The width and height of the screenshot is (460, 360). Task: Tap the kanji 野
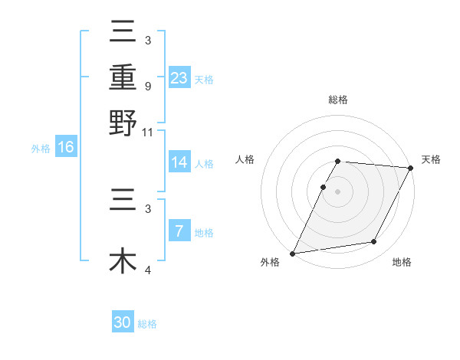click(x=123, y=123)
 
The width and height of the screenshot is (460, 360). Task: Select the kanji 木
click(x=123, y=260)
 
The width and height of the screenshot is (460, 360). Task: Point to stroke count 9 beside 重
click(x=148, y=85)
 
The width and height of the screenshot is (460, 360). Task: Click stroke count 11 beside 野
click(x=148, y=131)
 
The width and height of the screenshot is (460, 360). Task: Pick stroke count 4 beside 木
click(x=148, y=270)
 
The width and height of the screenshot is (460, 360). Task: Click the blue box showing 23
click(x=179, y=78)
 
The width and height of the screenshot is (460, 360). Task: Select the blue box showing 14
click(x=179, y=163)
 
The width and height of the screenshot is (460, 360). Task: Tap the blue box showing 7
click(x=179, y=231)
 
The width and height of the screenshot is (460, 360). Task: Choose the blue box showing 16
click(x=66, y=148)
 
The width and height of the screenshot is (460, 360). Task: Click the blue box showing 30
click(x=123, y=322)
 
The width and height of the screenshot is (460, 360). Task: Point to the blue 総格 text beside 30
click(x=148, y=324)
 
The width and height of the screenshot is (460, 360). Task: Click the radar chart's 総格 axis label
click(x=338, y=100)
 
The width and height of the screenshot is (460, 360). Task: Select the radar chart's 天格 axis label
click(x=431, y=159)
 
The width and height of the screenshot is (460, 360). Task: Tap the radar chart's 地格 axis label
click(x=402, y=262)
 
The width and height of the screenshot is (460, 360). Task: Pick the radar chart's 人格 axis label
click(x=245, y=159)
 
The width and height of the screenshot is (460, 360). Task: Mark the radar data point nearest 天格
click(x=411, y=168)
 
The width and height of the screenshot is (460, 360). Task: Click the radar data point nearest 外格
click(x=292, y=254)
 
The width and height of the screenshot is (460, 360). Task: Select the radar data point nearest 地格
click(x=374, y=242)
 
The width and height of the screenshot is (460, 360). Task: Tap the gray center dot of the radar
click(x=338, y=191)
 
